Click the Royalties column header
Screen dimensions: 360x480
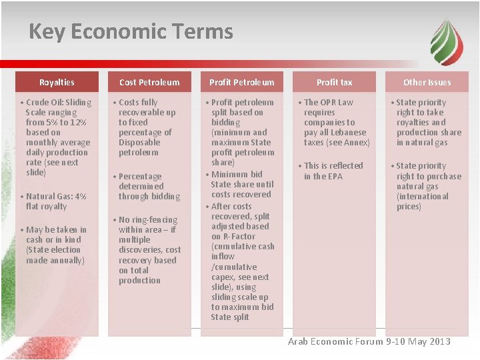coord(57,82)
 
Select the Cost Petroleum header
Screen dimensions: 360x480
coord(149,82)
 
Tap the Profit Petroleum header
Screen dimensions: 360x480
coord(241,82)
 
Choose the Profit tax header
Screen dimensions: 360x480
coord(334,82)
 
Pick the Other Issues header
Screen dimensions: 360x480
coord(427,82)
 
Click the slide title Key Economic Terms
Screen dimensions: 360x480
coord(131,31)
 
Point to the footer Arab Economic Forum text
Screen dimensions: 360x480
coord(369,341)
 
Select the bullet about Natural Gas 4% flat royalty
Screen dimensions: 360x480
coord(56,201)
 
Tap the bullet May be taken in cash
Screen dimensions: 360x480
coord(56,245)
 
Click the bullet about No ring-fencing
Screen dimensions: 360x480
coord(149,250)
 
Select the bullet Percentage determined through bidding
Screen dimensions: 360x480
coord(149,186)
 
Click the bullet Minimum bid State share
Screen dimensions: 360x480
coord(241,185)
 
